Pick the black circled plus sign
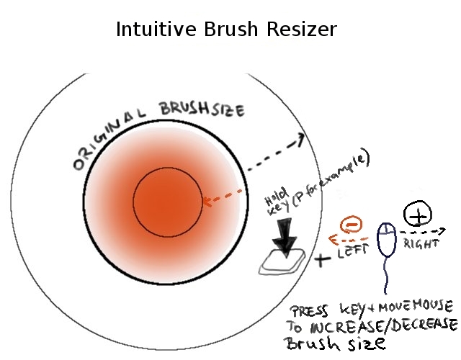pyautogui.click(x=418, y=213)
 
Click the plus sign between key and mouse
pyautogui.click(x=321, y=259)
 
